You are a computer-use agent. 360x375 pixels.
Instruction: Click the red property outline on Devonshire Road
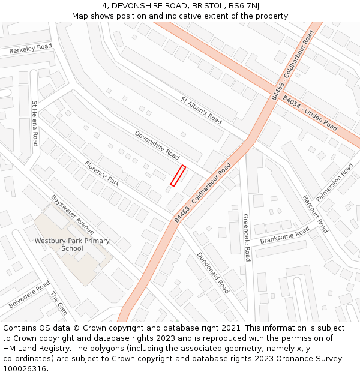pyautogui.click(x=178, y=175)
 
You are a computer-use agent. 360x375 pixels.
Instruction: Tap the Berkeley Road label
pyautogui.click(x=31, y=49)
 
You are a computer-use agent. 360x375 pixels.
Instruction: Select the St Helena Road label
pyautogui.click(x=35, y=124)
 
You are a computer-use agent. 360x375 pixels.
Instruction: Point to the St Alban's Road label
pyautogui.click(x=202, y=110)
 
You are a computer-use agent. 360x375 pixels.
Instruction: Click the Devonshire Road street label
pyautogui.click(x=157, y=146)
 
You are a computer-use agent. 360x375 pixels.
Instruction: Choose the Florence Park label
pyautogui.click(x=101, y=173)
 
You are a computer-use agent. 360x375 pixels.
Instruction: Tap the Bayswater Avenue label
pyautogui.click(x=73, y=214)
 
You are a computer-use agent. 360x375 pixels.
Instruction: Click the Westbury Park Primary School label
pyautogui.click(x=72, y=244)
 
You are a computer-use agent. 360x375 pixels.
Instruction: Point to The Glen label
pyautogui.click(x=59, y=303)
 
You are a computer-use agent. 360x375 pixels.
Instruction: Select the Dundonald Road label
pyautogui.click(x=213, y=272)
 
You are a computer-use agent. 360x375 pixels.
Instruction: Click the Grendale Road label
pyautogui.click(x=246, y=238)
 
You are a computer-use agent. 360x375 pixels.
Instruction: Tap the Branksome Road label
pyautogui.click(x=284, y=236)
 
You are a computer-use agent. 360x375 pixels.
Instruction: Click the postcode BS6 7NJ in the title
pyautogui.click(x=244, y=5)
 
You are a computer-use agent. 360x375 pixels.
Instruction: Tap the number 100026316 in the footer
pyautogui.click(x=25, y=368)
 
